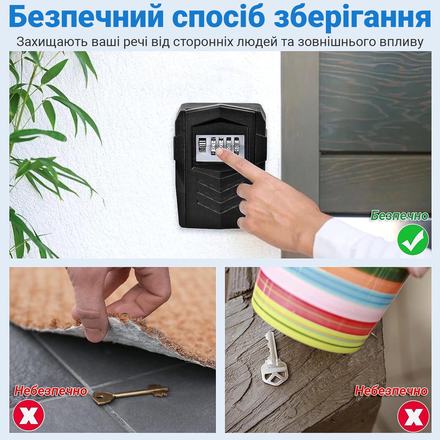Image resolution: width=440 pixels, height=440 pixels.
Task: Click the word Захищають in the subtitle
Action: point(52,42)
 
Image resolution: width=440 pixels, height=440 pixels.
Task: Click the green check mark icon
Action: point(413,240)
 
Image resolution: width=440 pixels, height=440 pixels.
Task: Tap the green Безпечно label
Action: point(399,216)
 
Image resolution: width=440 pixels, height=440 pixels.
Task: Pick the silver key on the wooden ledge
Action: point(273,357)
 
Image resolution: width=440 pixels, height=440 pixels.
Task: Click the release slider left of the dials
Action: point(202,145)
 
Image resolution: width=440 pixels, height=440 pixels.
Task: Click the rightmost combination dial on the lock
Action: point(236,146)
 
